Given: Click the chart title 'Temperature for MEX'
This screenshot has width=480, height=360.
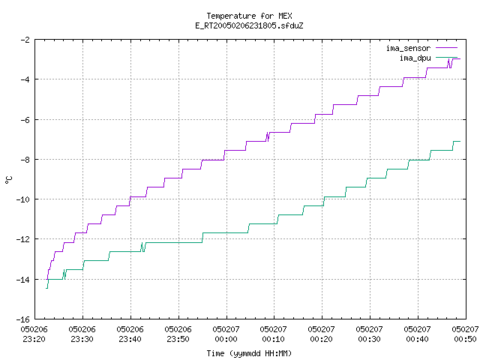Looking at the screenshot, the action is click(249, 16).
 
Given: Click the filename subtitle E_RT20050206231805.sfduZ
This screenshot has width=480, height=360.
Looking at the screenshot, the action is click(249, 25).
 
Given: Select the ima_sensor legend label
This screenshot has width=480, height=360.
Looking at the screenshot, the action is click(408, 48).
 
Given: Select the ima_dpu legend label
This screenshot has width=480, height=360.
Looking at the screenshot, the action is click(415, 58).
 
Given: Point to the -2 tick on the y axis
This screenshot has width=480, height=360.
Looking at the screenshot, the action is click(25, 40).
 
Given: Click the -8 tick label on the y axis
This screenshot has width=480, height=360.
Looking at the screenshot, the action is click(25, 160).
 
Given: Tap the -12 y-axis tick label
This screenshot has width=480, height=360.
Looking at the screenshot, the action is click(23, 239).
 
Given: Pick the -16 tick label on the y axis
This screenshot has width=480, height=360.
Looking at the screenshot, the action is click(23, 319).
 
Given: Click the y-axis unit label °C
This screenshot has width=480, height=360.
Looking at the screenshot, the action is click(9, 180).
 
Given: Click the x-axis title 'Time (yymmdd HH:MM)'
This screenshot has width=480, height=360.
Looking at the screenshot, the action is click(249, 353).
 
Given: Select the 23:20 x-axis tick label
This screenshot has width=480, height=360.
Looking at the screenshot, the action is click(34, 339).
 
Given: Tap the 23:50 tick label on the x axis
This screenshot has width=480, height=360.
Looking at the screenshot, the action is click(178, 339).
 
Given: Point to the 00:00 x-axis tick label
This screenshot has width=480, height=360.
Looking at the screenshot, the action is click(226, 339).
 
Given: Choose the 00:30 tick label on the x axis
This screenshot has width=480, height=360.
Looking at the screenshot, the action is click(370, 339).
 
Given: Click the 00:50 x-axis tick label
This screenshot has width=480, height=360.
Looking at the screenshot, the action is click(465, 339).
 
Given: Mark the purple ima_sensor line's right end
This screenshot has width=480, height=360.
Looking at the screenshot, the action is click(460, 58).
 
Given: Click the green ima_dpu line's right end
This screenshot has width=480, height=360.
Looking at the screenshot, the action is click(460, 141).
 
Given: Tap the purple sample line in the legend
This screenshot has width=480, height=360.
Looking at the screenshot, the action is click(446, 48).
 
